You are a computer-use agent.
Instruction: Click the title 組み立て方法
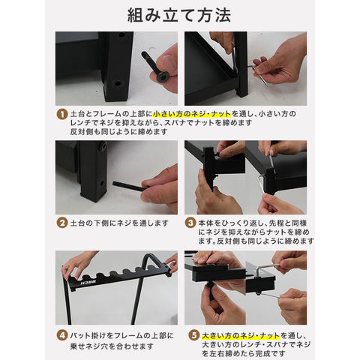coord(179,15)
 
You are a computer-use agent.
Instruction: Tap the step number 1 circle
coord(62,115)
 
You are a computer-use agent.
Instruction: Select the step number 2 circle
coord(62,223)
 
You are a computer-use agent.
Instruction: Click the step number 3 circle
coord(190,223)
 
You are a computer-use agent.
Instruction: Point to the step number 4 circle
coord(62,335)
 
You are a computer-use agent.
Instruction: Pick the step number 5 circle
coord(193,335)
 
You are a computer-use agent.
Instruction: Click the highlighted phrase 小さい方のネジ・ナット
coord(192,114)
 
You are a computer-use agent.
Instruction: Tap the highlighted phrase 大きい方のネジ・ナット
coord(241,335)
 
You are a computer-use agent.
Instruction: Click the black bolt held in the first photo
coord(155,66)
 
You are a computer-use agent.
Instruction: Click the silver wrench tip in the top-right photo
coord(265,83)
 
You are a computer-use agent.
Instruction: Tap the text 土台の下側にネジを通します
coord(119,223)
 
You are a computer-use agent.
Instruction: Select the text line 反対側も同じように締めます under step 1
coord(118,131)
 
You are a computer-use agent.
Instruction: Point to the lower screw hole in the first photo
coord(117,82)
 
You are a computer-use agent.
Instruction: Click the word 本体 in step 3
coord(206,223)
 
